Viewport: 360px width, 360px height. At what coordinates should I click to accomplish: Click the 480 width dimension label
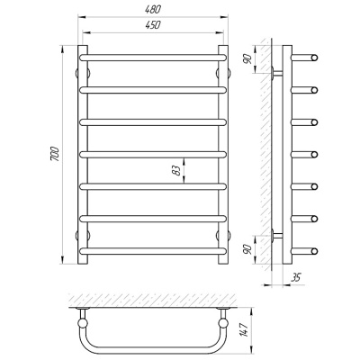(153, 10)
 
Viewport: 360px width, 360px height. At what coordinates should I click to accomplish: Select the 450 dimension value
(153, 25)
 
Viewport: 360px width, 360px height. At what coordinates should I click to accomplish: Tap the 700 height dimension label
(55, 155)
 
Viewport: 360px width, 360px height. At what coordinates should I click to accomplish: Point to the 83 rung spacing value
(177, 170)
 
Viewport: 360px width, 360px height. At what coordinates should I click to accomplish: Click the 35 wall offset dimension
(296, 278)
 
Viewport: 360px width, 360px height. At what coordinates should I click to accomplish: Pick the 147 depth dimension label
(245, 329)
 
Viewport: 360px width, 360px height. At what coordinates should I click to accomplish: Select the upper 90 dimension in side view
(247, 59)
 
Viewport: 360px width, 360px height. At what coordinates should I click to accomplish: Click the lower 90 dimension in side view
(247, 250)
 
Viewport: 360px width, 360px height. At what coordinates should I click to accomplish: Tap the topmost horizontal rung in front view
(153, 58)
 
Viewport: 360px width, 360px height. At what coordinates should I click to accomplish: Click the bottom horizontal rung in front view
(153, 251)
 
